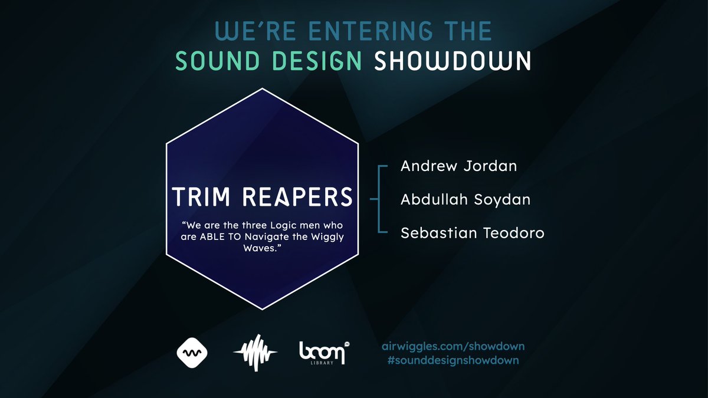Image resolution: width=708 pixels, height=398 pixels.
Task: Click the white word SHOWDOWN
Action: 453,61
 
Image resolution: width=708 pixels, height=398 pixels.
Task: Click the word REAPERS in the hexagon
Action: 298,197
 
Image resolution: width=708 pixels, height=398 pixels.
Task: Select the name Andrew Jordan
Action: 458,166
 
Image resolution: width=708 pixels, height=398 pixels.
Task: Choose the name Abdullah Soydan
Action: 466,199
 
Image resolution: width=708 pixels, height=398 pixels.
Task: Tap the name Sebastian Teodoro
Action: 472,233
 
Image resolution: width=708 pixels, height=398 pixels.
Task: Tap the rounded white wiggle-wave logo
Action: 192,353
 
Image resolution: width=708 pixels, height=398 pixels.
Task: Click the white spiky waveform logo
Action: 255,353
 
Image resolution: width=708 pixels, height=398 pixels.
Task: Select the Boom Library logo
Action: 322,353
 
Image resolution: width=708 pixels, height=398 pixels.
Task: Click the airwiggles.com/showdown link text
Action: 453,346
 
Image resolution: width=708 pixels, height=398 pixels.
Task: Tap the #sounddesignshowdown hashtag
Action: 453,360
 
